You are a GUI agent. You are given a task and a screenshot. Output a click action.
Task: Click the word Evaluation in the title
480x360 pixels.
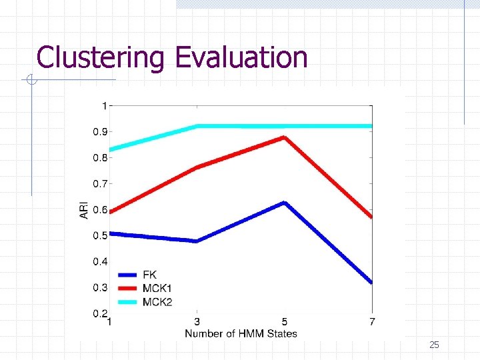point(241,57)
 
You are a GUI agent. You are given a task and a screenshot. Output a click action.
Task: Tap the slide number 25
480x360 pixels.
point(434,345)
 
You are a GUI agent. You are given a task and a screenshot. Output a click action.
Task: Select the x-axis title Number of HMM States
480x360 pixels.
point(241,333)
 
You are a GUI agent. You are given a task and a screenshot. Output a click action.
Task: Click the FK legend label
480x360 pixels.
point(149,275)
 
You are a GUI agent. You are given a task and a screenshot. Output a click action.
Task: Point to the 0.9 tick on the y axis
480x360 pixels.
point(100,131)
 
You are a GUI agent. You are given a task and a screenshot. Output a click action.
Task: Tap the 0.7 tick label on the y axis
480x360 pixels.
point(100,183)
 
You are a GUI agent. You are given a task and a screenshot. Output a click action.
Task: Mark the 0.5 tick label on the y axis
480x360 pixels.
point(100,235)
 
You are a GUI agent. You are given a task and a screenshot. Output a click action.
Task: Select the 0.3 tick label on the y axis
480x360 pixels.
point(100,287)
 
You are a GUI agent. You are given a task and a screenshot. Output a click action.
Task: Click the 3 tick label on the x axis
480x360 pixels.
point(197,323)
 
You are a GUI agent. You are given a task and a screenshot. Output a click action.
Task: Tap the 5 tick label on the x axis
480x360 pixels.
point(285,323)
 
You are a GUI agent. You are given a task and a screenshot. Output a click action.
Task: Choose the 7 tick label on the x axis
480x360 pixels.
point(372,323)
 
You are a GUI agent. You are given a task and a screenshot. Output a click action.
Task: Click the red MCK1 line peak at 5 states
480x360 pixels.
point(285,137)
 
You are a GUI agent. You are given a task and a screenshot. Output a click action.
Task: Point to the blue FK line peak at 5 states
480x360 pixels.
point(285,203)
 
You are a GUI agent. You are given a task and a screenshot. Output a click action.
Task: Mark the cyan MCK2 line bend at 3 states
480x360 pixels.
point(197,126)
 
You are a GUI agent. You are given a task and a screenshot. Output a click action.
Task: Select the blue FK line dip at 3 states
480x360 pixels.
point(197,241)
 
